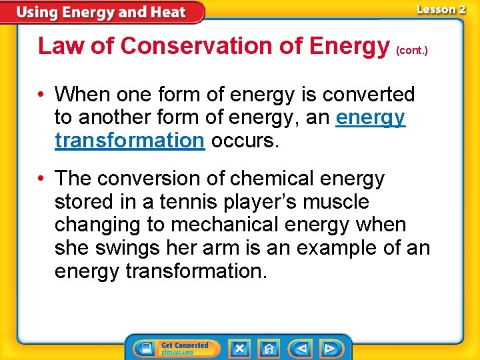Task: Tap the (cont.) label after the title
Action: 411,50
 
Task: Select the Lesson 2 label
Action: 441,9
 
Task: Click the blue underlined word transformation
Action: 129,140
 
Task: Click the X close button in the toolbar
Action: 239,348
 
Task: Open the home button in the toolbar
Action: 269,348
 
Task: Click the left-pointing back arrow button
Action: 301,348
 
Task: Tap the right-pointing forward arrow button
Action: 329,348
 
